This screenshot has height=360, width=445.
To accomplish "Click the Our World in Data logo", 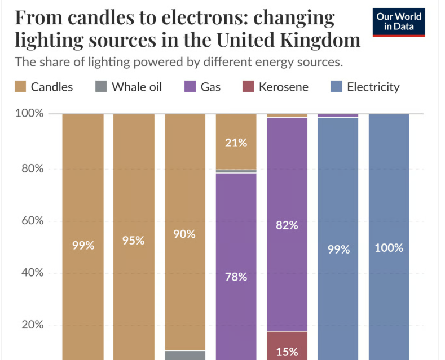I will pyautogui.click(x=400, y=22).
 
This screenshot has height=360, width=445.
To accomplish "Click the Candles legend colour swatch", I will pyautogui.click(x=20, y=87).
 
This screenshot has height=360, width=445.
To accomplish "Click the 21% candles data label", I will pyautogui.click(x=236, y=143).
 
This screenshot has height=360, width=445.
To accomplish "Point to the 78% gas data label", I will pyautogui.click(x=236, y=277).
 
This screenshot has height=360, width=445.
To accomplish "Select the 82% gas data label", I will pyautogui.click(x=287, y=225).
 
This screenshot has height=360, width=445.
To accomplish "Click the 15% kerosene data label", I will pyautogui.click(x=287, y=352).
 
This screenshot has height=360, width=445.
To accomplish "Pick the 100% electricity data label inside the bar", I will pyautogui.click(x=389, y=247).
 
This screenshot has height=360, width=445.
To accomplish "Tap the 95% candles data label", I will pyautogui.click(x=133, y=241).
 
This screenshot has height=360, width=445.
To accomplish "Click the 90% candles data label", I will pyautogui.click(x=184, y=234).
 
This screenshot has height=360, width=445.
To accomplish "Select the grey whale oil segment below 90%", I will pyautogui.click(x=184, y=355).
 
